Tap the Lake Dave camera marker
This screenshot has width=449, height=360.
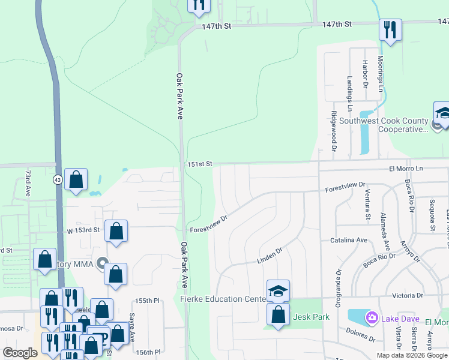point(372,317)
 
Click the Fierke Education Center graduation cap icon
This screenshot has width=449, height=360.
point(278,291)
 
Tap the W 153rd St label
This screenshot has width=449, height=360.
point(83,230)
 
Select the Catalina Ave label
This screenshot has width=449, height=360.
point(349,240)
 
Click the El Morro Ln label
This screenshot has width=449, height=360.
point(406,169)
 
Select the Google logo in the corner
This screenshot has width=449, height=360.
point(20,353)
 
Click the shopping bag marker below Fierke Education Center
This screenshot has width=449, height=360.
point(278,314)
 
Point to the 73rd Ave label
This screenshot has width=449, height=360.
point(28,182)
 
